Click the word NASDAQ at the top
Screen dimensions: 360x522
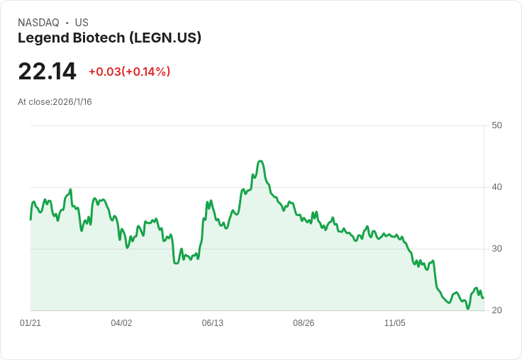(38, 23)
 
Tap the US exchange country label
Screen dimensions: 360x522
(82, 23)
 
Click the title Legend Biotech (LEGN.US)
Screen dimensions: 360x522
(109, 38)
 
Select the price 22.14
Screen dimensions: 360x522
(47, 72)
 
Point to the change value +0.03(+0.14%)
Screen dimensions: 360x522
(129, 72)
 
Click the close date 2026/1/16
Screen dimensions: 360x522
(72, 102)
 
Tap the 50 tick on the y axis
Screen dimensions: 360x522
(496, 125)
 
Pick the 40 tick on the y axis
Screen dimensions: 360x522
(496, 187)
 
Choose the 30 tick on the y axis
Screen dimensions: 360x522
(496, 249)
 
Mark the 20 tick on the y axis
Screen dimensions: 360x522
(496, 310)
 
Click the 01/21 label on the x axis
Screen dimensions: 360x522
(30, 323)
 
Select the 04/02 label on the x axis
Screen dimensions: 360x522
(121, 323)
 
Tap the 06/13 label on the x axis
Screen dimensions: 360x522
(212, 323)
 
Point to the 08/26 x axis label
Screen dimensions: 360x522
(304, 323)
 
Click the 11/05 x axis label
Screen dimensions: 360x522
(394, 323)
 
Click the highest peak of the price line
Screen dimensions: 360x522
(260, 161)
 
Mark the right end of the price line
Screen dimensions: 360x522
(484, 298)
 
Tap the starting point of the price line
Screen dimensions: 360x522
(30, 219)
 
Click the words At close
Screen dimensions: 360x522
(34, 102)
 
